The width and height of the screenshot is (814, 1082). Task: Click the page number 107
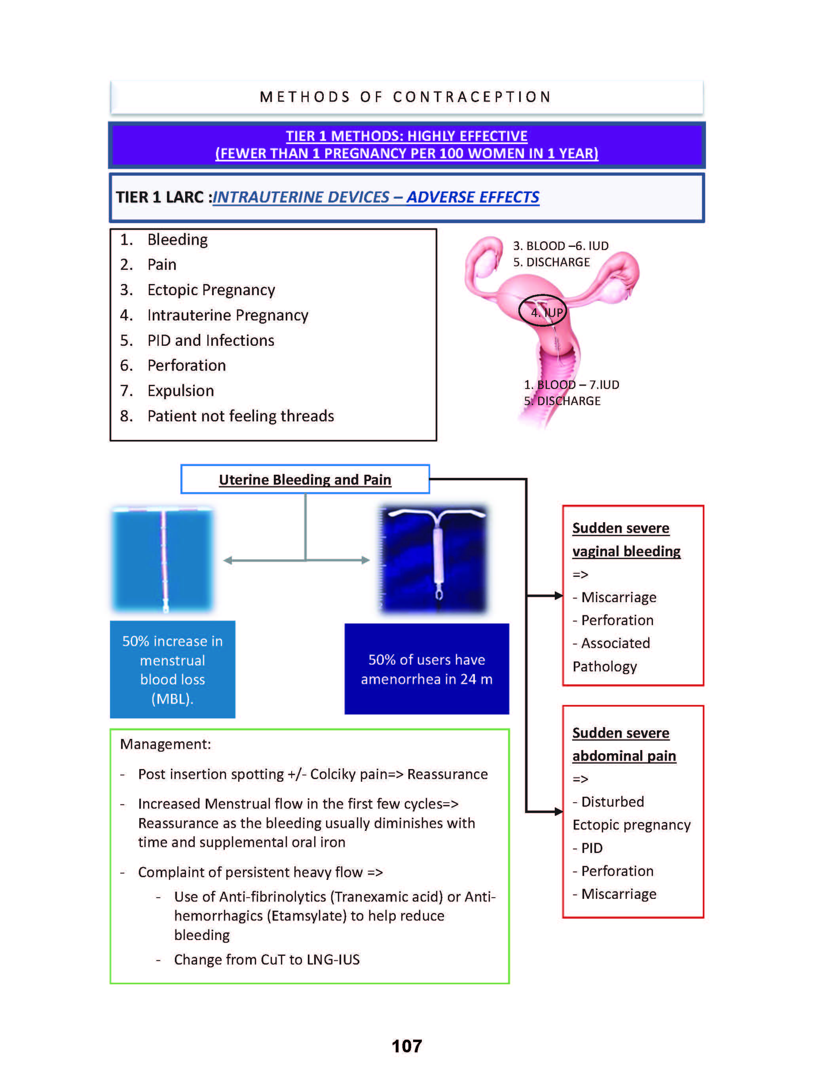(x=406, y=1046)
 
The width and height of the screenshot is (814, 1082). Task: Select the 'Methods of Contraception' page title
(x=406, y=97)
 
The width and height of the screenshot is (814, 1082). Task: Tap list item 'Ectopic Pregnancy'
(x=211, y=290)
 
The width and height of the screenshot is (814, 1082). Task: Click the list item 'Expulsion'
(x=180, y=391)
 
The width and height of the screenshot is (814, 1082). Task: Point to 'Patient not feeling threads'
(x=240, y=416)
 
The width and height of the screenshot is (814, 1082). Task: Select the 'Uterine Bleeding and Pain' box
(x=305, y=479)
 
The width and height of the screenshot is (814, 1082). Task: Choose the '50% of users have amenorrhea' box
(x=427, y=669)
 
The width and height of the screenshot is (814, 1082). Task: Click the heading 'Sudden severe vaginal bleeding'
(x=626, y=540)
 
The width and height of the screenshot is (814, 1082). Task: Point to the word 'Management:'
(x=165, y=744)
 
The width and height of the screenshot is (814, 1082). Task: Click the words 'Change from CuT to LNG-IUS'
(x=267, y=960)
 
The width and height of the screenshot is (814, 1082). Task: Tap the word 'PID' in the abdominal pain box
(x=592, y=848)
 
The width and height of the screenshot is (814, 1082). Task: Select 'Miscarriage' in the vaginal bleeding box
(x=619, y=597)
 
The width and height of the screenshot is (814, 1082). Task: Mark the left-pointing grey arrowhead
(x=228, y=560)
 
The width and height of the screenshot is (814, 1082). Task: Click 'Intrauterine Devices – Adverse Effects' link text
(x=376, y=197)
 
